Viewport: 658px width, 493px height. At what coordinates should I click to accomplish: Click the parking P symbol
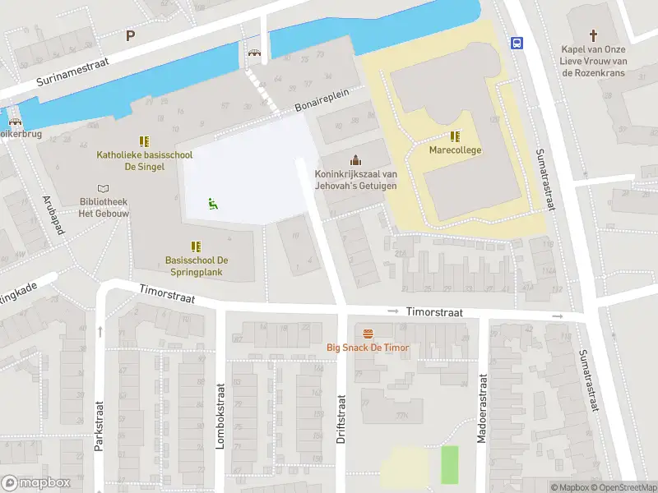coord(130,35)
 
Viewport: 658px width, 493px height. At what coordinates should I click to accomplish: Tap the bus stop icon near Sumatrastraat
coord(517,43)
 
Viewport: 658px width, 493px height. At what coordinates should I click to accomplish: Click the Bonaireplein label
coord(322,101)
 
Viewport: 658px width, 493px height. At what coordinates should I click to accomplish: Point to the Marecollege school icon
coord(455,136)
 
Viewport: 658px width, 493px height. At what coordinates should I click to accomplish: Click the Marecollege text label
coord(455,150)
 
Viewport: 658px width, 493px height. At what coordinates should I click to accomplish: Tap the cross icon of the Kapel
coord(593,35)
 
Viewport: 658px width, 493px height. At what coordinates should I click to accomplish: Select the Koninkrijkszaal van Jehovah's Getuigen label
coord(355,180)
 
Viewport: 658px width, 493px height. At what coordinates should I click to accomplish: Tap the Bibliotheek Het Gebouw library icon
coord(102,188)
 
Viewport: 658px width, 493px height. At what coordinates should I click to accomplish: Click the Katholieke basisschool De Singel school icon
coord(144,141)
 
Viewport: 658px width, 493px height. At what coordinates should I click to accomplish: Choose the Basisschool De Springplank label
coord(197,265)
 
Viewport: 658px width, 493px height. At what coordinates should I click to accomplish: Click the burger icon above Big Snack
coord(368,333)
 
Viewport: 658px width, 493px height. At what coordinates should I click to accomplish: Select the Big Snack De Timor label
coord(368,348)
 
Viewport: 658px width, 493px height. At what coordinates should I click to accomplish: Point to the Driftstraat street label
coord(341,419)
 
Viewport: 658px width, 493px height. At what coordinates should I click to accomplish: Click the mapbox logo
coord(35,483)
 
